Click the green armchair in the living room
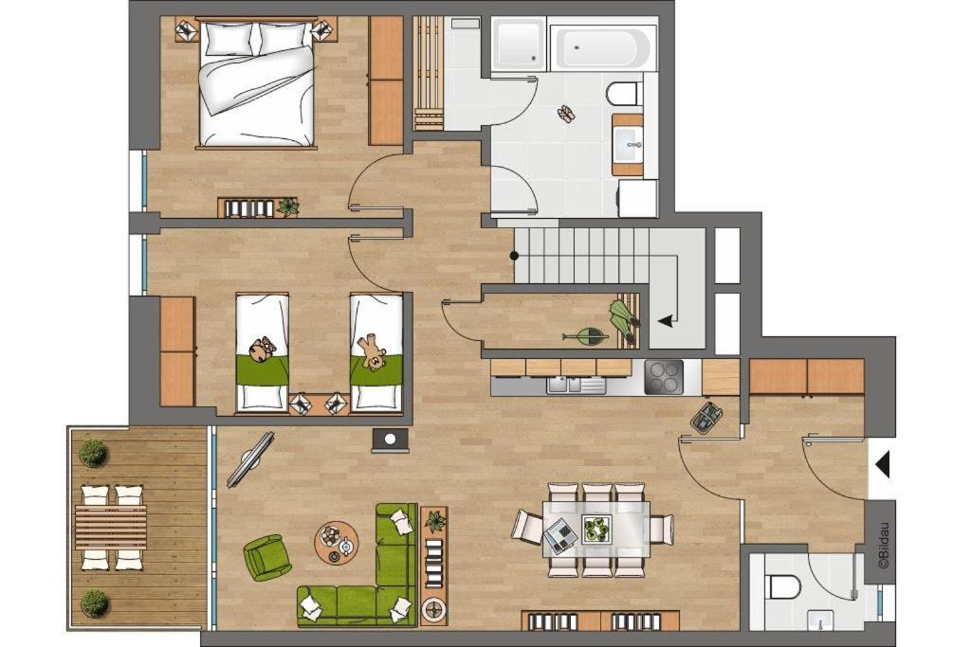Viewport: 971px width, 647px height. click(x=266, y=556)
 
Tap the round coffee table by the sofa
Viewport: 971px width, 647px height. click(x=337, y=542)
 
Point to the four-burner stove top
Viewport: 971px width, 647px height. click(x=663, y=377)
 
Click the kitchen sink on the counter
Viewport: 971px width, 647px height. click(x=577, y=385)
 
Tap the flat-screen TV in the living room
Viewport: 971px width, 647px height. click(x=250, y=458)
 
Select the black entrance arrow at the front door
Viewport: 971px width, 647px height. click(x=883, y=464)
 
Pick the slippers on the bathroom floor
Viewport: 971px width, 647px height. click(x=566, y=114)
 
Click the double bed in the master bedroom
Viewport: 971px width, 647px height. click(x=256, y=82)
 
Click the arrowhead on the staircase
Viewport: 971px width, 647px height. click(x=665, y=321)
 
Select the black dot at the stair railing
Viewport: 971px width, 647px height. click(x=514, y=255)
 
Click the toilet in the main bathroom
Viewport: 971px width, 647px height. click(x=622, y=94)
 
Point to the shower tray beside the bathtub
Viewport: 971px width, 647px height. click(x=519, y=44)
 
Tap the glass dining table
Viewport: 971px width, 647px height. click(x=596, y=529)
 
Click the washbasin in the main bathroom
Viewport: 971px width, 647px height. click(x=629, y=144)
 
